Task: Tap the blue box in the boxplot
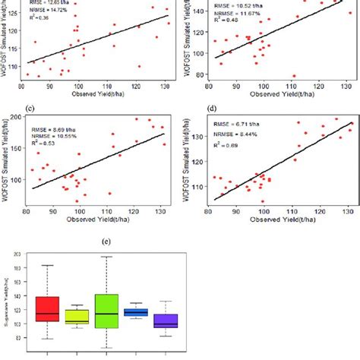[x=135, y=312]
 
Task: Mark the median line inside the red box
[x=47, y=314]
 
